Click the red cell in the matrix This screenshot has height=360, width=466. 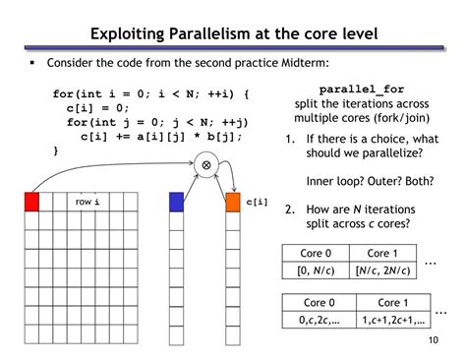[x=31, y=202]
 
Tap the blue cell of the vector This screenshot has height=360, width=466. [x=176, y=202]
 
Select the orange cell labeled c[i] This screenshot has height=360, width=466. [x=233, y=202]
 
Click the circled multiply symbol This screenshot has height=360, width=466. [x=205, y=164]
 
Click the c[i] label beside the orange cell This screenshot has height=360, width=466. [x=257, y=202]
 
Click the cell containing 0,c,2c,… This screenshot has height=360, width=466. [x=316, y=320]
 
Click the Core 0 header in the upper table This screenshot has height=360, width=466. [x=316, y=253]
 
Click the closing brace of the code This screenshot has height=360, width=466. [x=55, y=150]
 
